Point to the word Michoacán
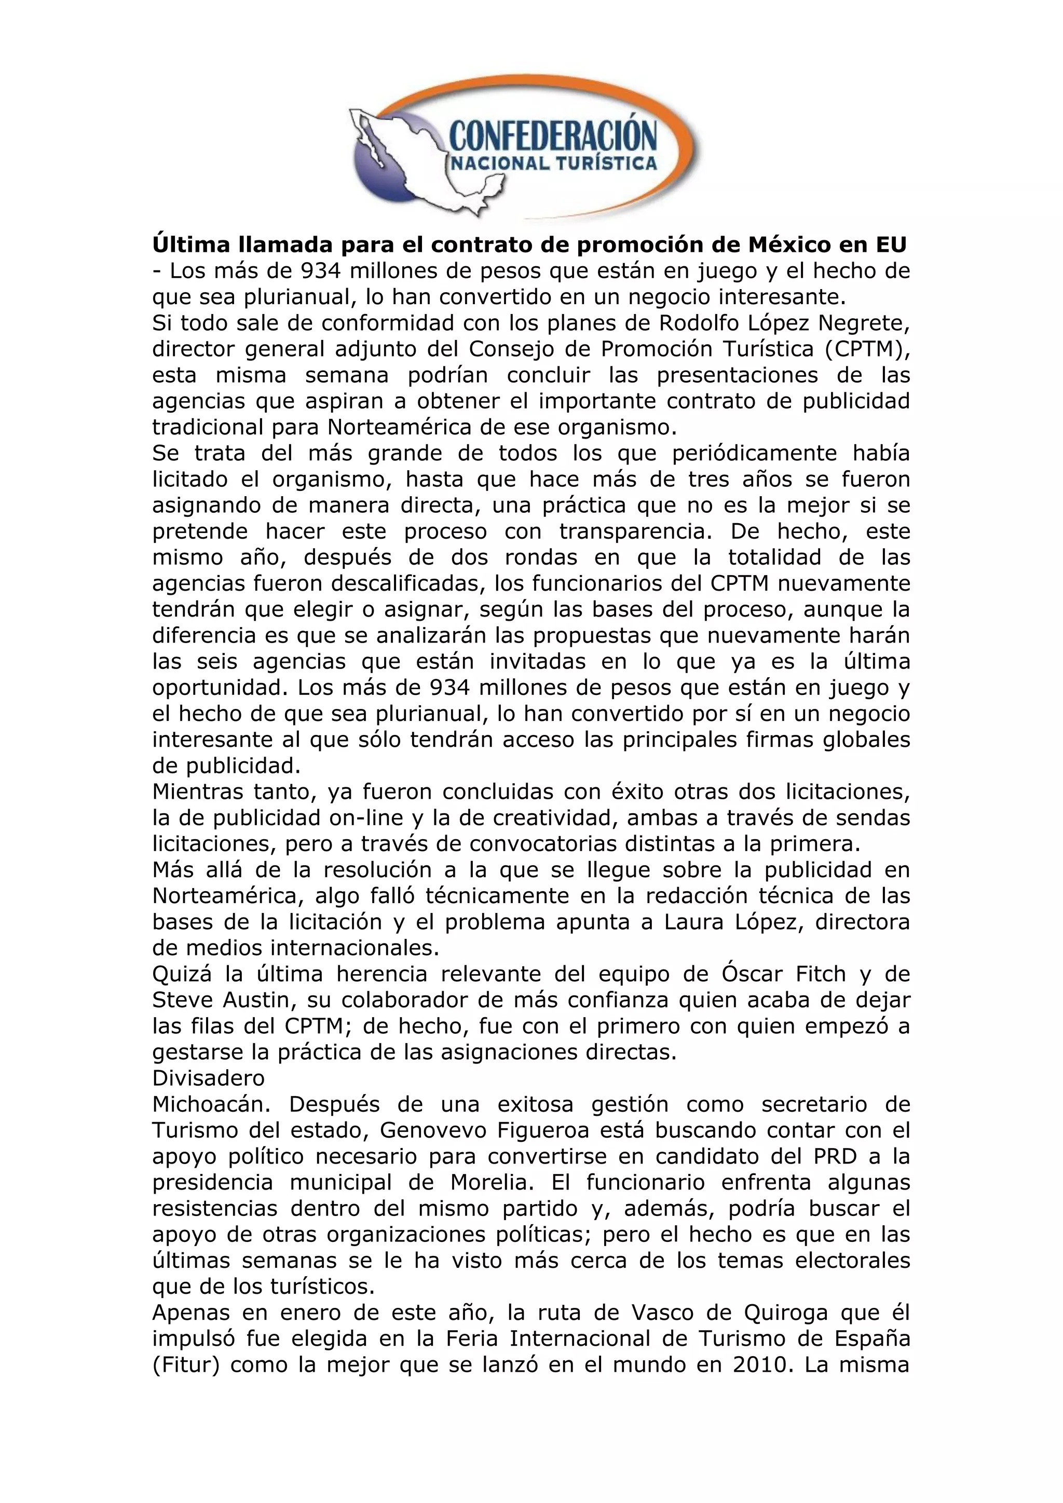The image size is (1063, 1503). [x=211, y=1105]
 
